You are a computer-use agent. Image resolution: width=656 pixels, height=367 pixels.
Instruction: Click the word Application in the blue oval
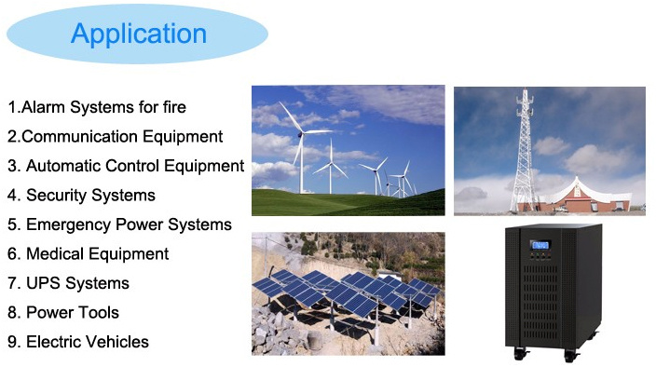[139, 34]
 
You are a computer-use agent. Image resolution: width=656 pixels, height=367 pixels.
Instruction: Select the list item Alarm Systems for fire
[97, 107]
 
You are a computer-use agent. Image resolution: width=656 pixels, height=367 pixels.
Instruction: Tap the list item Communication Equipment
[115, 137]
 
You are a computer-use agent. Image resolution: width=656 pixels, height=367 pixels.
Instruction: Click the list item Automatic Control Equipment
[126, 166]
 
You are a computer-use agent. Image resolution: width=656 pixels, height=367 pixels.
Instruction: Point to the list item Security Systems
[82, 196]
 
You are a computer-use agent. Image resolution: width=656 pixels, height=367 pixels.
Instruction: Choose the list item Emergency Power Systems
[119, 224]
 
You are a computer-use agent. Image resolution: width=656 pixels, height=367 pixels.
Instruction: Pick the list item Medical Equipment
[89, 253]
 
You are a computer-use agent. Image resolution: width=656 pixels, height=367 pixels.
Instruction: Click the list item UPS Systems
[69, 283]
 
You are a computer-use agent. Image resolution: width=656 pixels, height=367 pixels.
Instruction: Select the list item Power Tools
[63, 312]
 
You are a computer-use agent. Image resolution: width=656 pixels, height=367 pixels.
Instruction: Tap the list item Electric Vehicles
[78, 342]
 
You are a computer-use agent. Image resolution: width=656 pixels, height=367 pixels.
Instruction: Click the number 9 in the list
[12, 342]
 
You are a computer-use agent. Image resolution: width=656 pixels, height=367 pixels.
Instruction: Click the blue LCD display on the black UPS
[540, 245]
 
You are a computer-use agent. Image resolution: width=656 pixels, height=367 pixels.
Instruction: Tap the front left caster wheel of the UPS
[521, 354]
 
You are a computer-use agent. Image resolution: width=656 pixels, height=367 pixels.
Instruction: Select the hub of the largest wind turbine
[300, 134]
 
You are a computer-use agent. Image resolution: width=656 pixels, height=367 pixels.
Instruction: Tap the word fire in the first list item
[174, 107]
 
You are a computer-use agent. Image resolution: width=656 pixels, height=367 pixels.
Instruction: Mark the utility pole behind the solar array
[266, 255]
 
